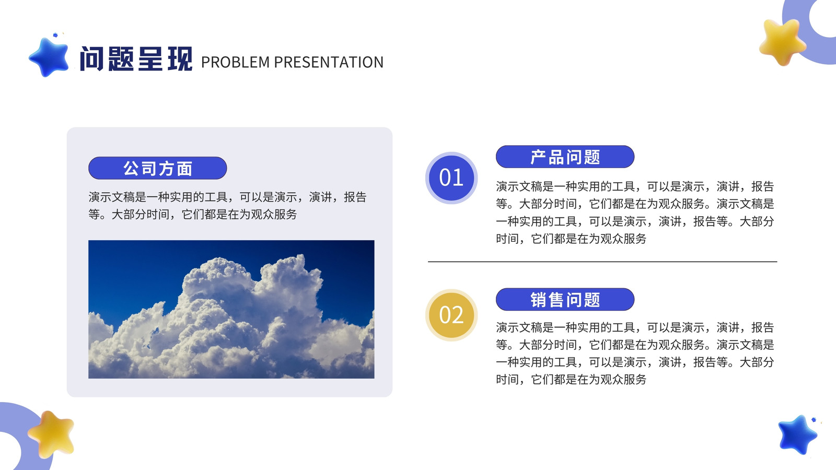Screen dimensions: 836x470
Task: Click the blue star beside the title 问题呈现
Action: (49, 57)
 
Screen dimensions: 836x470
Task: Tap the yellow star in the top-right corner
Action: (782, 42)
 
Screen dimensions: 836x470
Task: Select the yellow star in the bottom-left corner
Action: (51, 434)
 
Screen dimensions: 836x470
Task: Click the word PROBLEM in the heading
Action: (235, 62)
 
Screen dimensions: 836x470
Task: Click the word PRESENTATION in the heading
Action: (329, 62)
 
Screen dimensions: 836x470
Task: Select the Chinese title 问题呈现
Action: (136, 58)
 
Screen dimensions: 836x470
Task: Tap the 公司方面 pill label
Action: (157, 168)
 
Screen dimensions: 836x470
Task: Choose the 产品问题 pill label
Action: (565, 157)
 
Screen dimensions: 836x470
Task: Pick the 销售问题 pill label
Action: (565, 299)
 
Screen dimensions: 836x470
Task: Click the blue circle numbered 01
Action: (451, 178)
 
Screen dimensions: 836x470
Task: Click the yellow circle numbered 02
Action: (451, 315)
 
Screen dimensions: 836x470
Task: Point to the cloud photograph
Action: (231, 309)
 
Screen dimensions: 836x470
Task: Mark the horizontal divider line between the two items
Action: (602, 262)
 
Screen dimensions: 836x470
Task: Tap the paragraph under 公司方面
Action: (227, 206)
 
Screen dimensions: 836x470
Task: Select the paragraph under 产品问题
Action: (635, 212)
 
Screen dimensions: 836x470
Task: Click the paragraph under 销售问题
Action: (635, 353)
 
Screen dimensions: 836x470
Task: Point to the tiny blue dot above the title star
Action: (55, 35)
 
